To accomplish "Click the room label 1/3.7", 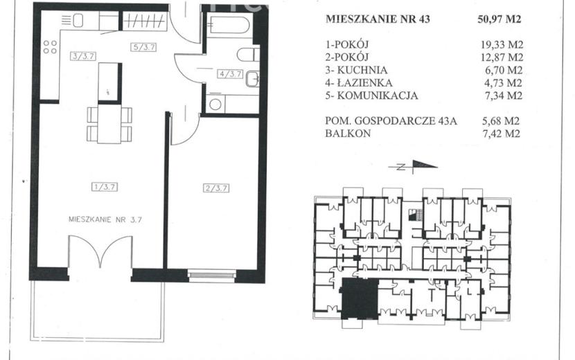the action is [x=105, y=187].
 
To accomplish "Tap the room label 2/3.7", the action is [x=216, y=188].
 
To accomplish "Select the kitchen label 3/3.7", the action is [x=84, y=56].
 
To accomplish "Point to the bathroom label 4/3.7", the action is [x=230, y=73].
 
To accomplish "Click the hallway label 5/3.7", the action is [x=144, y=47].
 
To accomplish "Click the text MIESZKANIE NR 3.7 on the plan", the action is [x=105, y=219].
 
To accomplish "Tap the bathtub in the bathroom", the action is [x=228, y=24].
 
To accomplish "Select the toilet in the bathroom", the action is [x=248, y=55].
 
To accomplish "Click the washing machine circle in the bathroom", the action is [x=215, y=105].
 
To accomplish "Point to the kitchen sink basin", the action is [x=78, y=21].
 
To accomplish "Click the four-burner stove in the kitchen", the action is [x=51, y=47].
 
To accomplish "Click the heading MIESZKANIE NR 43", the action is [x=378, y=19].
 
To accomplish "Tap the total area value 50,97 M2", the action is [x=499, y=19].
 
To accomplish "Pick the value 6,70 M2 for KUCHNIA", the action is [x=504, y=70].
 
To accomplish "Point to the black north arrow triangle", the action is [x=425, y=165].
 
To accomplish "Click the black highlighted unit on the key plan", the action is [x=360, y=298].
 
